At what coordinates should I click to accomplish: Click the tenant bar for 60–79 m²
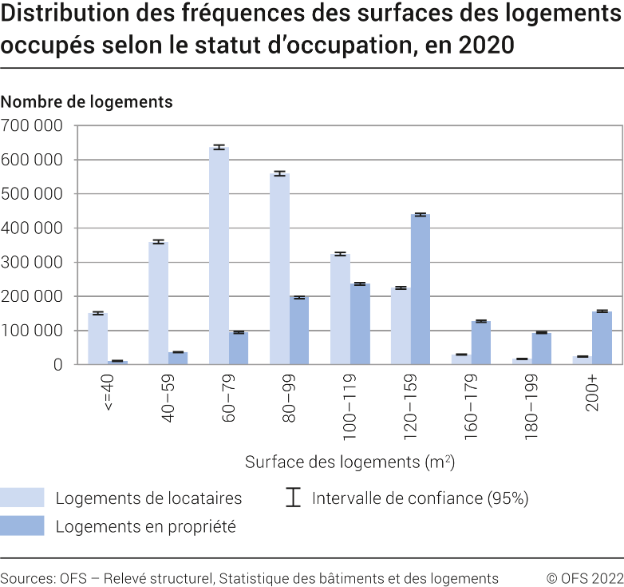(x=219, y=256)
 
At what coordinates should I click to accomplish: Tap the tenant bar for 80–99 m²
(x=279, y=268)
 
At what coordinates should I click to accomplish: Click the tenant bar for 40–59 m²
(x=158, y=303)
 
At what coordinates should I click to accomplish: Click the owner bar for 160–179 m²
(x=480, y=343)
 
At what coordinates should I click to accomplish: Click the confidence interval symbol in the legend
(x=293, y=498)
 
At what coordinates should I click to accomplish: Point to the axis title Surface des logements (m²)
(x=350, y=462)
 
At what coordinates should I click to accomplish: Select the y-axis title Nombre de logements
(x=86, y=102)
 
